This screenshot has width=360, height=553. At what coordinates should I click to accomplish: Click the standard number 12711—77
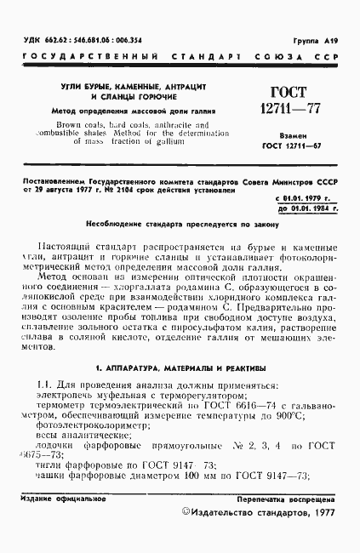(293, 108)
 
